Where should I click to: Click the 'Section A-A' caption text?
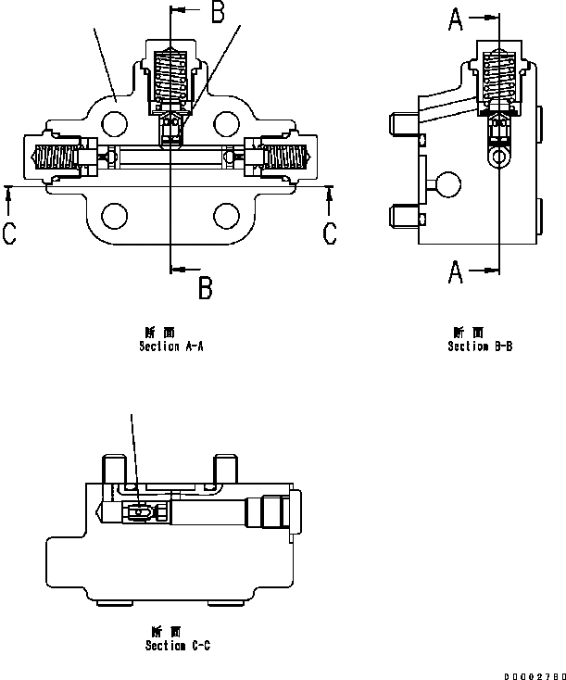(170, 346)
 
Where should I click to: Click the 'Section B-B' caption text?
(480, 346)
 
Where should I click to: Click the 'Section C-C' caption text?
(177, 646)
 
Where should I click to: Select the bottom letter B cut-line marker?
(206, 288)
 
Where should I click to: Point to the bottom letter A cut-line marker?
(456, 271)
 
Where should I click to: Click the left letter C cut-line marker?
(9, 234)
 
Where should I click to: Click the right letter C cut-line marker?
(330, 234)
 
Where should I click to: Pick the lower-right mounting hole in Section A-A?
(225, 217)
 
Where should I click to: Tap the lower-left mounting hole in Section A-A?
(115, 217)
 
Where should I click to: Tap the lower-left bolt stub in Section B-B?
(400, 220)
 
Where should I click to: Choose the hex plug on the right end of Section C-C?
(278, 512)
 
